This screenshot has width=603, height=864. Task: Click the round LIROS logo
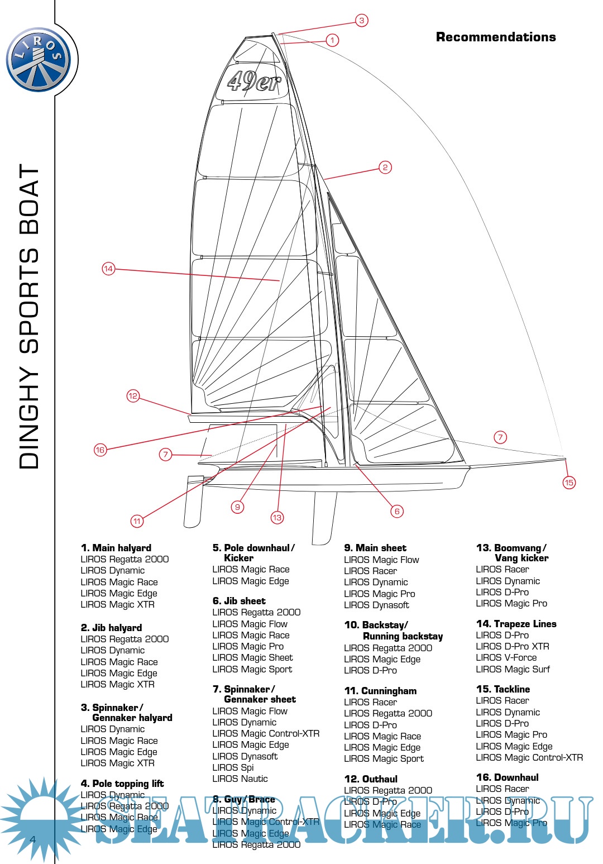click(x=39, y=59)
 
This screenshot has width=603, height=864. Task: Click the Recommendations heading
click(x=496, y=37)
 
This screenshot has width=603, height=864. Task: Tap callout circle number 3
click(x=362, y=21)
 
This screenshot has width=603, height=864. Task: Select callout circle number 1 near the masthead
click(x=332, y=40)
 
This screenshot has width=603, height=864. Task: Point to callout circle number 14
click(x=108, y=269)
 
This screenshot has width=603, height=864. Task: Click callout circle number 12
click(x=133, y=396)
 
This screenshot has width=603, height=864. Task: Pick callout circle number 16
click(x=100, y=450)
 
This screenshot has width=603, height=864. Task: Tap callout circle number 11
click(x=137, y=521)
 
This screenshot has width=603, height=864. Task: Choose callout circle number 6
click(x=397, y=511)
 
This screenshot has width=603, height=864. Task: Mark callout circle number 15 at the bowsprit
click(x=569, y=483)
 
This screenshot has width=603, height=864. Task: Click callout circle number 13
click(x=277, y=518)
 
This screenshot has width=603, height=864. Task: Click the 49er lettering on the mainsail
click(x=255, y=82)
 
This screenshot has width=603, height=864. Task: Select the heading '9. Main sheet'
click(x=375, y=548)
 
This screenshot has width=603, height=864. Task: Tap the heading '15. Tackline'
click(x=503, y=689)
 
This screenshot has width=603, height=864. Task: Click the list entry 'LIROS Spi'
click(x=233, y=767)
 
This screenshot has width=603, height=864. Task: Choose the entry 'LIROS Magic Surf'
click(x=513, y=669)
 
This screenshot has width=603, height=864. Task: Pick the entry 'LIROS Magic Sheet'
click(x=252, y=657)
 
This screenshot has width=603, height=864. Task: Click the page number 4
click(x=33, y=839)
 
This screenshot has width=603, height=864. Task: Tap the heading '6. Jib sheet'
click(x=239, y=601)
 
